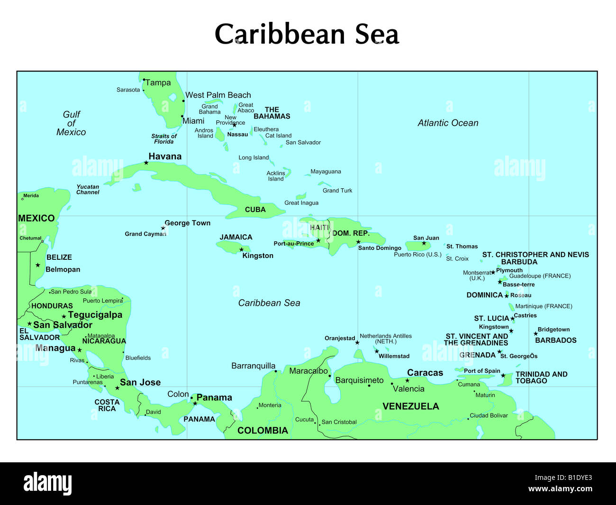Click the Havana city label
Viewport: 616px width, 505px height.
coord(165,156)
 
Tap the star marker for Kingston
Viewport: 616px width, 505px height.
coord(241,249)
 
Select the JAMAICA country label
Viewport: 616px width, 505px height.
coord(236,237)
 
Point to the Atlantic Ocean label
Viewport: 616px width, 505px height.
coord(448,123)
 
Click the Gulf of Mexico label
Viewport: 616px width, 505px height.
coord(72,123)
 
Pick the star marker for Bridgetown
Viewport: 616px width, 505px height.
coord(536,334)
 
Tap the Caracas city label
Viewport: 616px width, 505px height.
coord(425,373)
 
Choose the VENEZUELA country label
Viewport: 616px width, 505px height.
coord(411,406)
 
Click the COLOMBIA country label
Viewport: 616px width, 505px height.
coord(263,431)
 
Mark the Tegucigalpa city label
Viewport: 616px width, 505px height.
coord(95,315)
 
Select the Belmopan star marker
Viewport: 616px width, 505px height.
coord(38,265)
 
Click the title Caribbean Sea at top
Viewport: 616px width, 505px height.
coord(307,34)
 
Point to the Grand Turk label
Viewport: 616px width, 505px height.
coord(337,191)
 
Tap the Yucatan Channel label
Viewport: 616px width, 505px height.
coord(88,190)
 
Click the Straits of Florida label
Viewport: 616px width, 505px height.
coord(164,138)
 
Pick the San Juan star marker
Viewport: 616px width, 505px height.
coord(424,243)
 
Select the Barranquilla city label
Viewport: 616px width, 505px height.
coord(253,366)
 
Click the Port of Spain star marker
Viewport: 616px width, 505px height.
coord(503,376)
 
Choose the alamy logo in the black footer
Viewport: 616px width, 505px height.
coord(48,484)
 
